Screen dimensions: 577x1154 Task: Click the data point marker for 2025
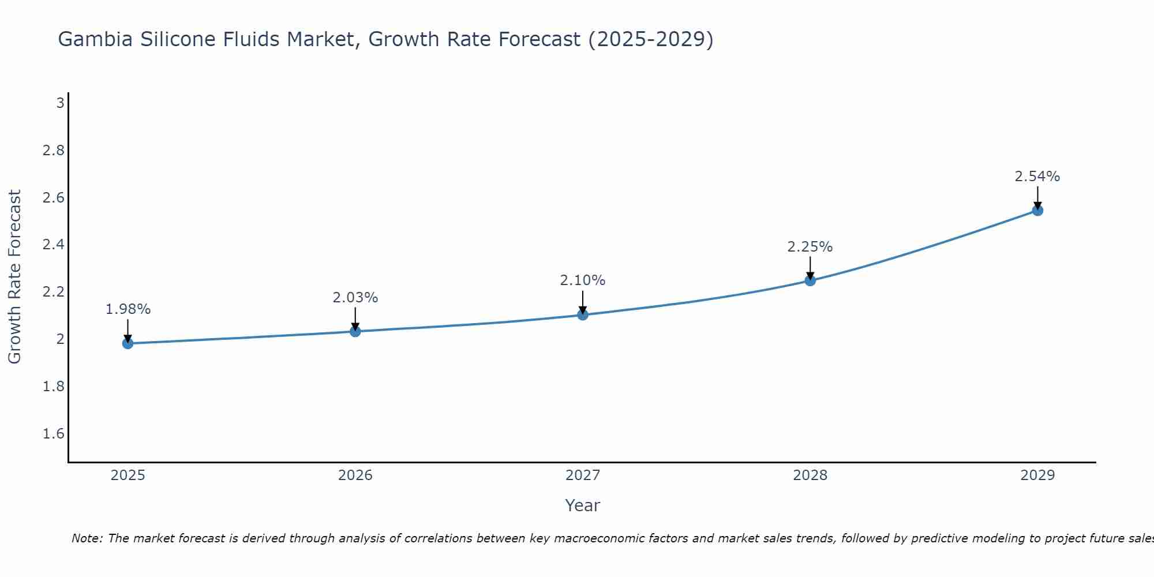(128, 343)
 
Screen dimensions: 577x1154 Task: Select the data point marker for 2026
(355, 331)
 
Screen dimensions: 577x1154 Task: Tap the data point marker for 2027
(582, 314)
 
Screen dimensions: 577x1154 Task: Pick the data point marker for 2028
(810, 280)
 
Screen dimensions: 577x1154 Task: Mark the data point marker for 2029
(1037, 211)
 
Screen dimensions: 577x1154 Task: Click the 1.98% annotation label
(128, 309)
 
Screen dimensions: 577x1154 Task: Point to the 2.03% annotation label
(355, 298)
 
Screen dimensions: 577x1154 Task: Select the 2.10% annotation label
(582, 280)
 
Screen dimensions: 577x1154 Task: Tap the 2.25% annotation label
(810, 247)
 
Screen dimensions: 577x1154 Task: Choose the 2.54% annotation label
(1037, 177)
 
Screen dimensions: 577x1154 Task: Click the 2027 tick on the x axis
(582, 475)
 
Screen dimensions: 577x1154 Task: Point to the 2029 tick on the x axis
(1037, 475)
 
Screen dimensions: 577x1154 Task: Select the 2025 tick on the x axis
(128, 475)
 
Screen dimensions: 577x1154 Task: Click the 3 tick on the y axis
(59, 103)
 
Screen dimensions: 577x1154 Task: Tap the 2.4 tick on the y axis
(53, 245)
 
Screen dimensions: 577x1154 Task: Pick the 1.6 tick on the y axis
(53, 433)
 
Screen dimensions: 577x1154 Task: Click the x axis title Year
(582, 505)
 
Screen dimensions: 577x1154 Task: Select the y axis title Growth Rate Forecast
(14, 277)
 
